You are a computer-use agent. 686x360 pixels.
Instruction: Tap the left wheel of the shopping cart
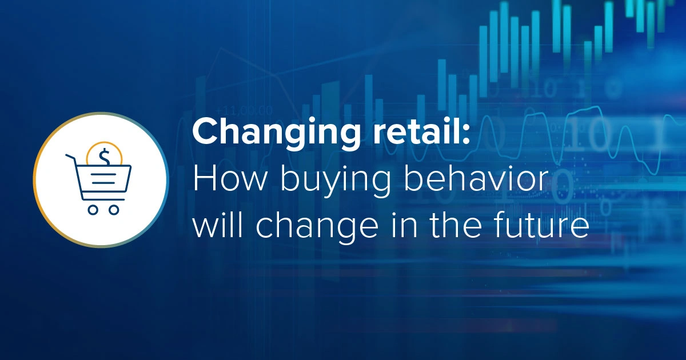click(92, 210)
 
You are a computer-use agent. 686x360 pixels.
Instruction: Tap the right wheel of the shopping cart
click(114, 210)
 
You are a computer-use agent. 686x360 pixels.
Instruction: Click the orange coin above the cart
click(104, 153)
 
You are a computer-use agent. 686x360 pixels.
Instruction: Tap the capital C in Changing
click(205, 134)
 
